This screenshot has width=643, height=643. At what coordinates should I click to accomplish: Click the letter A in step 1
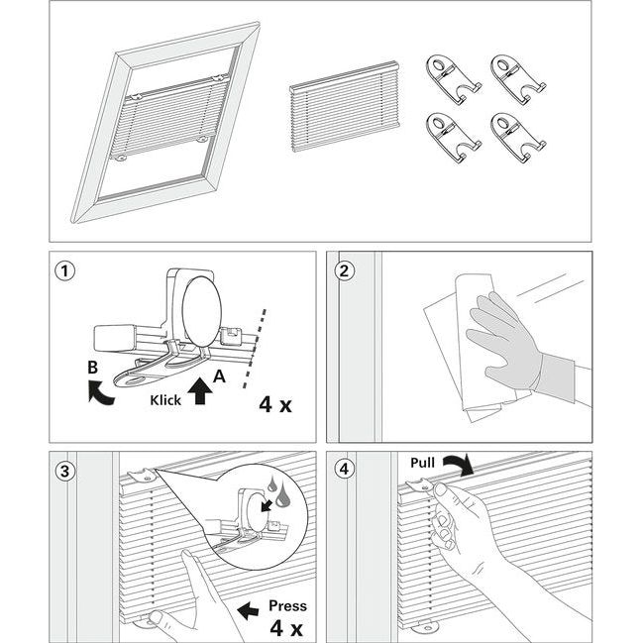[x=220, y=377]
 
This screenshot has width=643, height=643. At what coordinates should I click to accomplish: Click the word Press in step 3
[x=287, y=605]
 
